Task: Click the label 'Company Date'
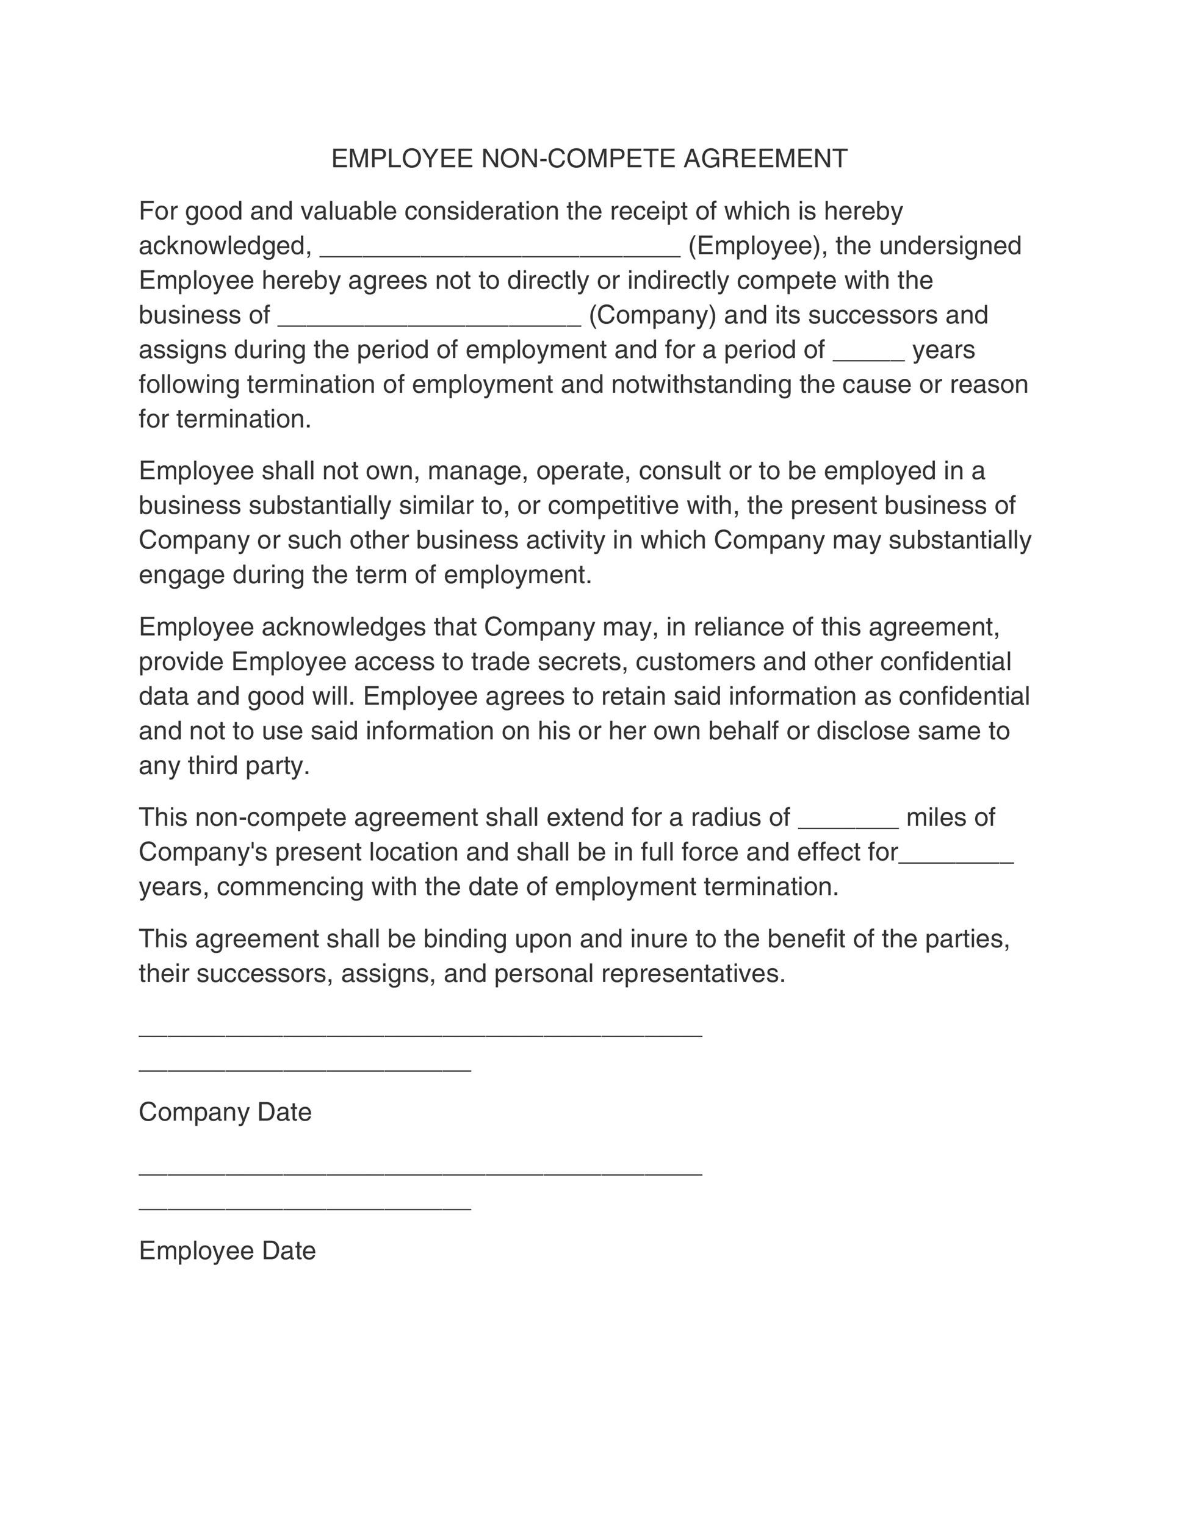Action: click(x=225, y=1112)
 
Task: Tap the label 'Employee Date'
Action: click(x=227, y=1250)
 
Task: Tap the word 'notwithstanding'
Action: click(x=701, y=385)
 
